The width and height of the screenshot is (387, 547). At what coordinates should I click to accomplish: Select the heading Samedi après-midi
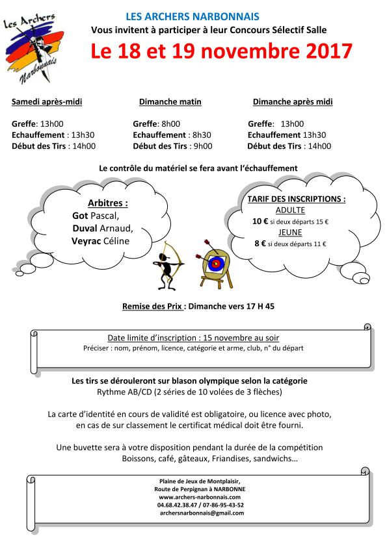47,102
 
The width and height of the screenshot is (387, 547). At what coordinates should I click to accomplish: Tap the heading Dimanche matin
170,102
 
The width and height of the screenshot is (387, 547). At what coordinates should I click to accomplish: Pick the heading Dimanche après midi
292,102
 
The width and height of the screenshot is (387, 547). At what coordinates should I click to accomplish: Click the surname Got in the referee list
80,215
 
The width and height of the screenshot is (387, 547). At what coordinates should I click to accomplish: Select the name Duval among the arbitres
86,228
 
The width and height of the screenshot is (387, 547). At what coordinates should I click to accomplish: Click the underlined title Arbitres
107,203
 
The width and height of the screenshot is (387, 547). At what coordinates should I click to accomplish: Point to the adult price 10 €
260,222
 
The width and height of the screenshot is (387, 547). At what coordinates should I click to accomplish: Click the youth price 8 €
260,244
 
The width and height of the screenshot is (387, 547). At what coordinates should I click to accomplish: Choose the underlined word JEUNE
290,233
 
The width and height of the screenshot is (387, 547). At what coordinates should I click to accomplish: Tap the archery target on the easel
215,262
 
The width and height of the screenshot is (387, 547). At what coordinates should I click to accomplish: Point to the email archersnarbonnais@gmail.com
201,513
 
